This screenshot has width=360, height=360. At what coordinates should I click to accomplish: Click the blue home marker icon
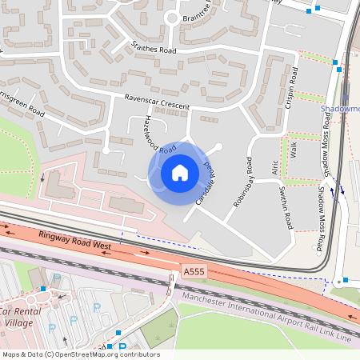pyautogui.click(x=180, y=173)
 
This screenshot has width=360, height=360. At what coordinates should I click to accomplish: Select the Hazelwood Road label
pyautogui.click(x=158, y=134)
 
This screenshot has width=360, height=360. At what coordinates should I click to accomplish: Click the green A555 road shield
pyautogui.click(x=193, y=272)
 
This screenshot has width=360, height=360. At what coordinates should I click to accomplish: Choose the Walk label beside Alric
pyautogui.click(x=294, y=150)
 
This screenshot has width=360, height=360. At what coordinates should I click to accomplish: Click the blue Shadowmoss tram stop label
pyautogui.click(x=340, y=109)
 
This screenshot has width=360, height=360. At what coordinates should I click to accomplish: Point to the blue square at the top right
pyautogui.click(x=318, y=9)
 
